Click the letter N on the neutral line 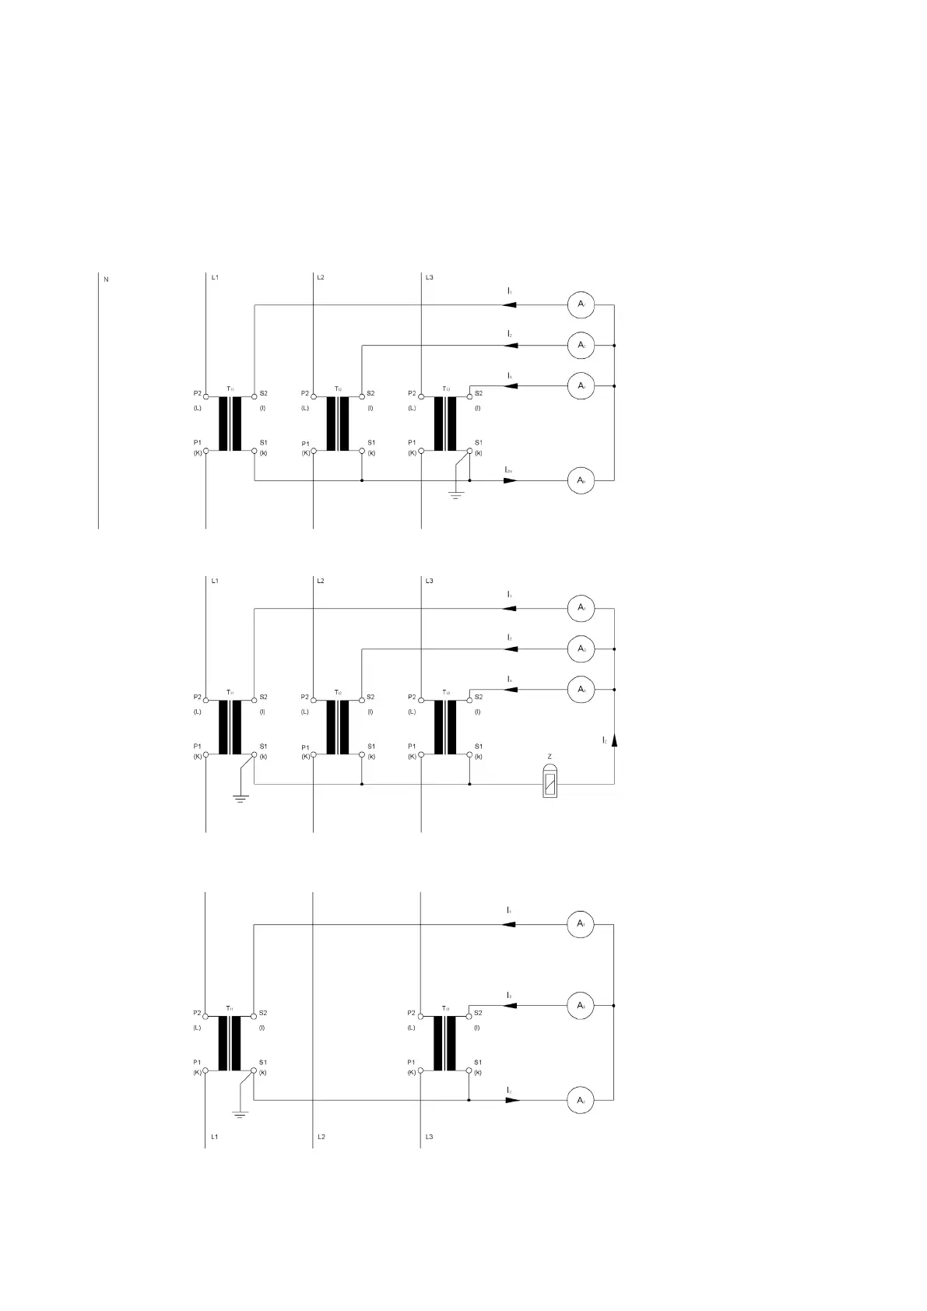[x=106, y=279]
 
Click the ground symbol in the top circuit [x=455, y=494]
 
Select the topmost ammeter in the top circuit [x=581, y=304]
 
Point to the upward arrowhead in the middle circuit [x=614, y=740]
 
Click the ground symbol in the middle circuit [x=241, y=798]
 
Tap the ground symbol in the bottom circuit [x=241, y=1114]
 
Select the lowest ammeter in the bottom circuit [x=581, y=1100]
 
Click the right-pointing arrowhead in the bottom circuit [x=511, y=1100]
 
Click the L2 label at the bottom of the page [x=321, y=1137]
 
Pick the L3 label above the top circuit [x=429, y=277]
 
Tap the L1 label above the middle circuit [x=215, y=581]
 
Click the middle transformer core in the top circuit [x=338, y=424]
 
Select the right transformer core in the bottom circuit [x=445, y=1043]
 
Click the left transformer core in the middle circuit [x=230, y=727]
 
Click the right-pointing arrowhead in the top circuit [x=511, y=480]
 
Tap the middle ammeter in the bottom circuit [x=581, y=1005]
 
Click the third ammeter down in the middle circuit [x=581, y=689]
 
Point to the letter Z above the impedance [x=550, y=757]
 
